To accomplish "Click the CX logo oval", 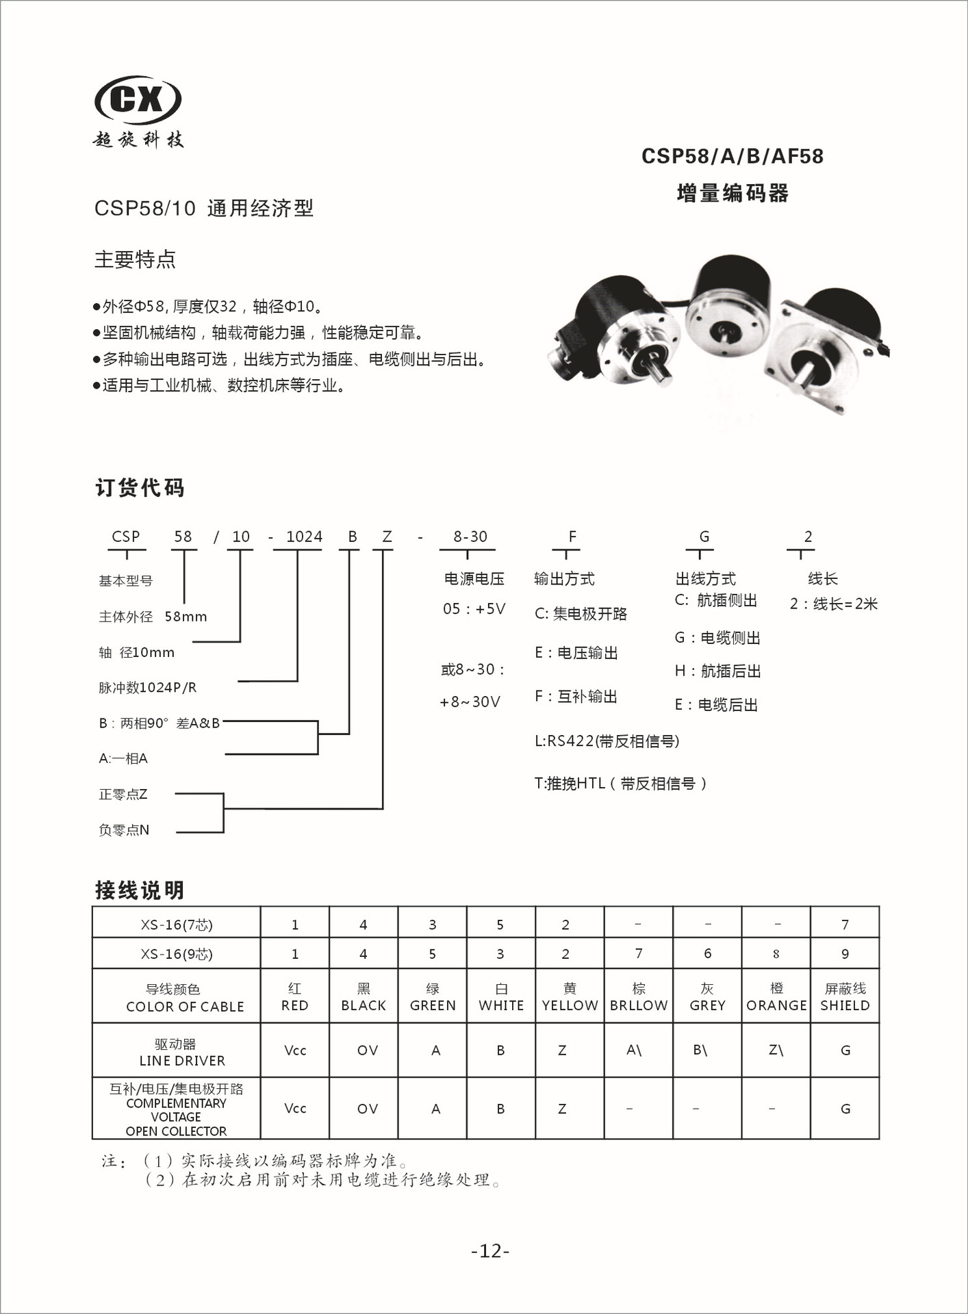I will pos(138,99).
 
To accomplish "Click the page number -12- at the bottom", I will pos(490,1251).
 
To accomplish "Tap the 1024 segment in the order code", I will pos(304,537).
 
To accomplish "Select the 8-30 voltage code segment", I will pos(470,537).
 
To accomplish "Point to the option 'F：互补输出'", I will pos(576,697).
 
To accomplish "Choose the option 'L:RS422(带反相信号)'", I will pos(607,741).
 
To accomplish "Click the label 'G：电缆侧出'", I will pos(717,638).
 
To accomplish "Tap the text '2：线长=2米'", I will pos(833,604).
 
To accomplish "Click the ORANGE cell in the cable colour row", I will pos(776,997).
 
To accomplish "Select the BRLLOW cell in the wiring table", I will pos(639,997).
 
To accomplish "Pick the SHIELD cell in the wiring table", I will pos(845,997).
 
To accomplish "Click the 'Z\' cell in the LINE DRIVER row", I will pos(776,1050).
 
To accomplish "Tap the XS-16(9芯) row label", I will pos(177,954).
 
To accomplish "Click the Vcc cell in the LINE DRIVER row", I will pos(295,1050).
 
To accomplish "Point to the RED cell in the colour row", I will pos(295,997).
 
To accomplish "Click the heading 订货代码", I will pos(140,488).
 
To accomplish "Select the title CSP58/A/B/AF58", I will pos(732,157).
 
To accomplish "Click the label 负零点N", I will pos(124,830).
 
